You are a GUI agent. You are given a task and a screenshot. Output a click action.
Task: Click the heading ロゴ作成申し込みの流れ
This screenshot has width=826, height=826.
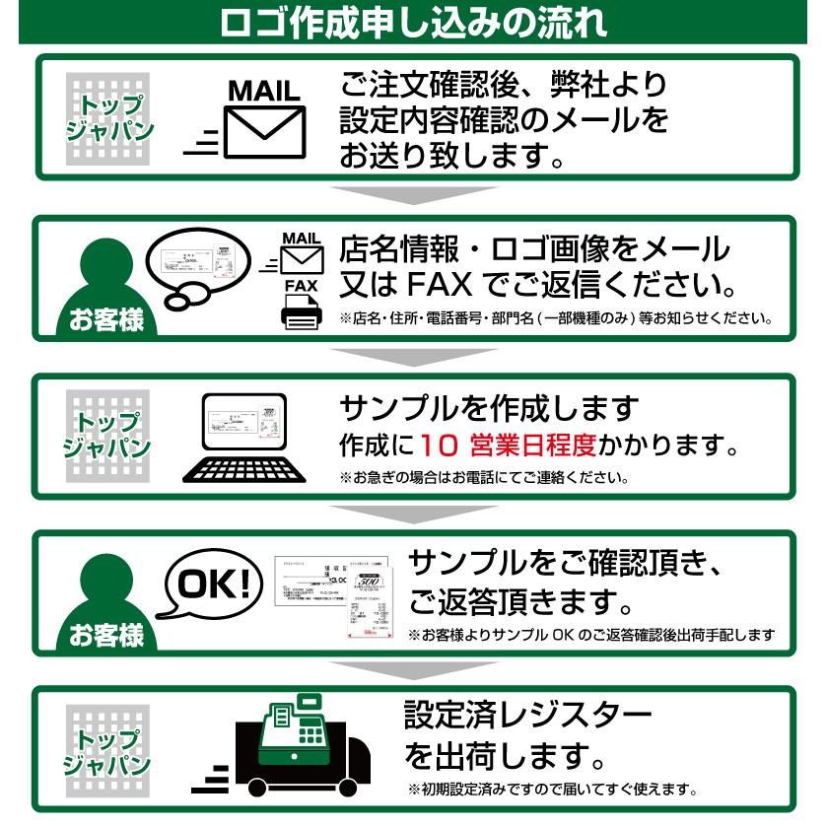click(413, 22)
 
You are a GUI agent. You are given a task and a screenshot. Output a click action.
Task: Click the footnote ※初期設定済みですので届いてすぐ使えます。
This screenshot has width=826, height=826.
click(553, 789)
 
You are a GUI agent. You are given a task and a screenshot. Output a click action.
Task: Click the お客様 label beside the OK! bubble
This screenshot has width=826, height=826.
click(105, 634)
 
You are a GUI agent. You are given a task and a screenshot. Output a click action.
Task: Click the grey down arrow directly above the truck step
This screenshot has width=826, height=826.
click(413, 669)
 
